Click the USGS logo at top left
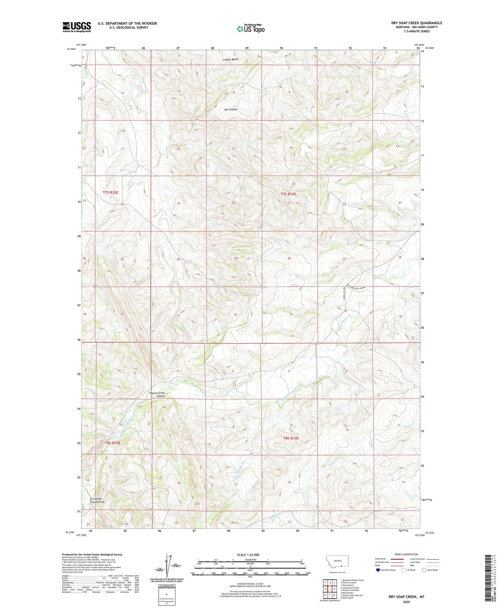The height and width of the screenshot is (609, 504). pyautogui.click(x=76, y=27)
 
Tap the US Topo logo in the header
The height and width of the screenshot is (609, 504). pyautogui.click(x=250, y=29)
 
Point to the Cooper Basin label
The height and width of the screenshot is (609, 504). pyautogui.click(x=230, y=59)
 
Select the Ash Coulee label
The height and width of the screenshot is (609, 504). pyautogui.click(x=230, y=110)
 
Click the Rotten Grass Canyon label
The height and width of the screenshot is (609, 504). pyautogui.click(x=157, y=394)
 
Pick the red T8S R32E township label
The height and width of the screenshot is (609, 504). pyautogui.click(x=113, y=443)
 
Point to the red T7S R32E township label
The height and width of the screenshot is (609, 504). pyautogui.click(x=111, y=192)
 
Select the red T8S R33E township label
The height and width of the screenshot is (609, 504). pyautogui.click(x=291, y=438)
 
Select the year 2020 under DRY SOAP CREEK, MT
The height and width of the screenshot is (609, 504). pyautogui.click(x=406, y=602)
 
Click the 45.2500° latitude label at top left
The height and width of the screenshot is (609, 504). pyautogui.click(x=71, y=49)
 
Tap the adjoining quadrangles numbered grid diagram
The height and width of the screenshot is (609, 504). pyautogui.click(x=329, y=589)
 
